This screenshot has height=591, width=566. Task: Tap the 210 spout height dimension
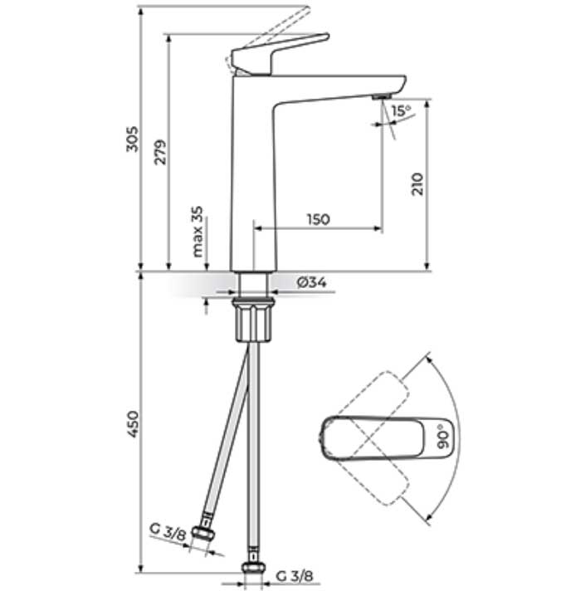tap(417, 183)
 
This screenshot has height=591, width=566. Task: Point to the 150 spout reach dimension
tap(318, 219)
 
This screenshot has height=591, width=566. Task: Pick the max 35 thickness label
tap(198, 232)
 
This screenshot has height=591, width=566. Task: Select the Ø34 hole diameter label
tap(311, 283)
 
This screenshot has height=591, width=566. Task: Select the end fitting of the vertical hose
tap(253, 570)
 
